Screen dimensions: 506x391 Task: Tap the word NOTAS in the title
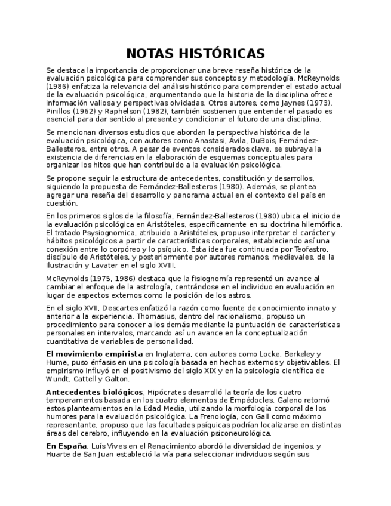tap(150, 54)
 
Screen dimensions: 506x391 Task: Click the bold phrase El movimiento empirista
tap(94, 354)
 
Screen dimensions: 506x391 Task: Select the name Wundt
tap(58, 379)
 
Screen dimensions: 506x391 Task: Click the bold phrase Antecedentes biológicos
tap(94, 391)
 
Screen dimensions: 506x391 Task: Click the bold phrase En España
tap(66, 446)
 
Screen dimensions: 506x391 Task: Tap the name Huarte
tap(58, 454)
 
